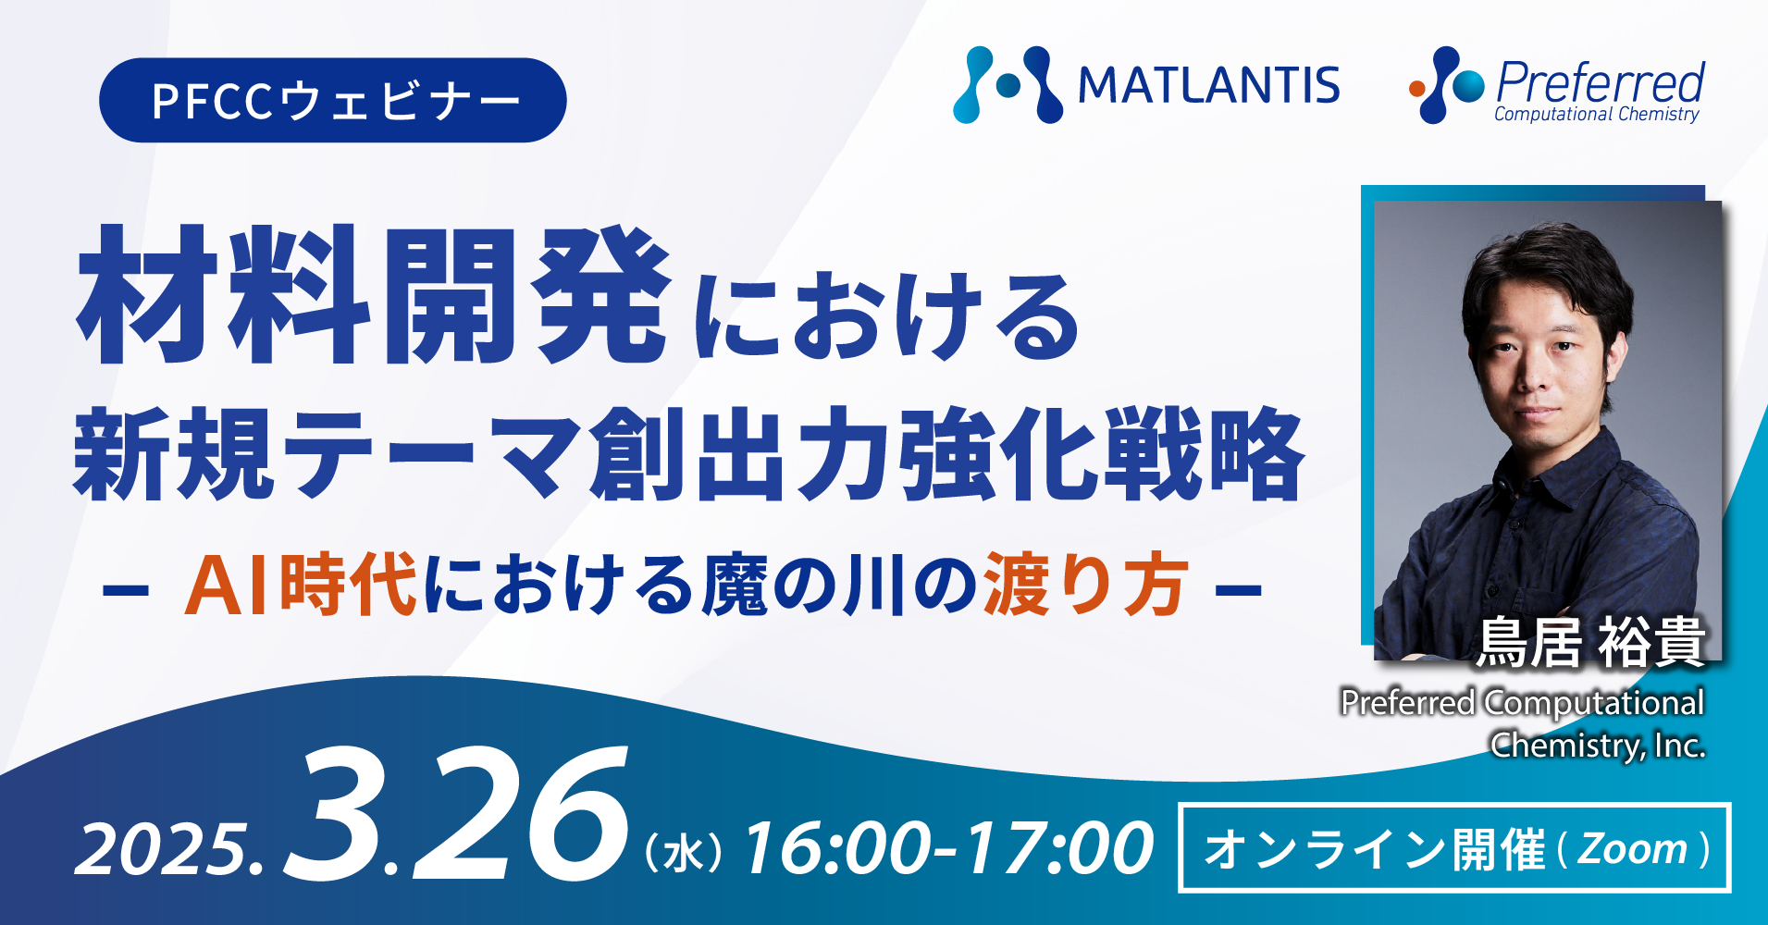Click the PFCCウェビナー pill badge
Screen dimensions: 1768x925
pos(333,100)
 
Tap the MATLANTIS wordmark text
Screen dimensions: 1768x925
pos(1208,86)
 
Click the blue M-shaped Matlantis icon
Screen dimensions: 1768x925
pos(1008,85)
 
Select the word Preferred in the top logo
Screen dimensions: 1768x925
pos(1601,81)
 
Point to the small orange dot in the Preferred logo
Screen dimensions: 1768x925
pos(1416,89)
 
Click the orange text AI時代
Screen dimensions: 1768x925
pos(301,585)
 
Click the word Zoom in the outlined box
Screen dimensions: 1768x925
pos(1632,848)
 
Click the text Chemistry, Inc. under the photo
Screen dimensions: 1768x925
pos(1598,745)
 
